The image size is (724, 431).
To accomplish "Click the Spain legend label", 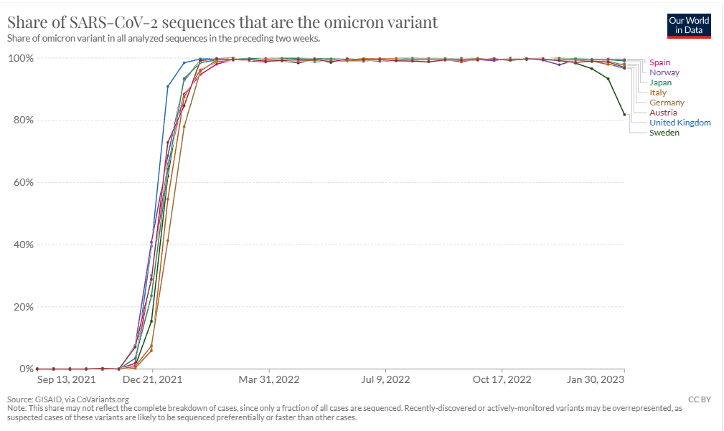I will tap(659, 62).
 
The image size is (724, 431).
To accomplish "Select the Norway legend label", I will tap(664, 72).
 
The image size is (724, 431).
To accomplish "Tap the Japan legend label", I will tap(660, 82).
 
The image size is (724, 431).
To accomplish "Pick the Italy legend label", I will tap(657, 93).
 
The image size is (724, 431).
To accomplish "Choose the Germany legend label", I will tap(667, 103).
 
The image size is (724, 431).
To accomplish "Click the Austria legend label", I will tap(663, 113).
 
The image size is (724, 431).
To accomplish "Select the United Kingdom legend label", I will tap(680, 123).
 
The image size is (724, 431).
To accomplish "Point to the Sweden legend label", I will tap(664, 133).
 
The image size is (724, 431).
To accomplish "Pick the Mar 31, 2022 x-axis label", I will tap(269, 380).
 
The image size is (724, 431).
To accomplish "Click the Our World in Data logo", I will tap(689, 26).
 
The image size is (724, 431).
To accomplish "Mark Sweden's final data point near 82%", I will tap(624, 115).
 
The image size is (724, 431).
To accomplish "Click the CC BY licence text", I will tap(700, 399).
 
